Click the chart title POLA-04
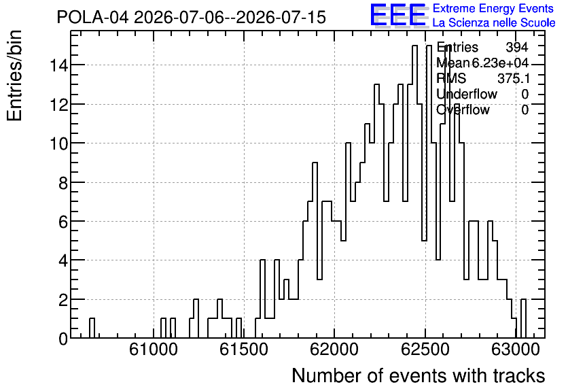[92, 17]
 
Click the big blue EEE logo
[398, 15]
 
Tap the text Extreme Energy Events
[493, 8]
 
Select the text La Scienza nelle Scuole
[494, 23]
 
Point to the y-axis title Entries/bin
[15, 75]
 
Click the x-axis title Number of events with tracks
[419, 375]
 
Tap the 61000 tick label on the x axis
[154, 350]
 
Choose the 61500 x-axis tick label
[244, 350]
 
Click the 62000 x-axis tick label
[334, 350]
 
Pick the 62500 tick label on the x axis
[425, 350]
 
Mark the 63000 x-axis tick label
[516, 350]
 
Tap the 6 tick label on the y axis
[63, 222]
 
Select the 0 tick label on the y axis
[63, 339]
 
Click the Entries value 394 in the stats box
[517, 47]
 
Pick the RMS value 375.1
[513, 78]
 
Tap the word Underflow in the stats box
[467, 94]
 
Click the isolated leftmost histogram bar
[92, 328]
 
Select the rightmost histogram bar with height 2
[523, 319]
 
